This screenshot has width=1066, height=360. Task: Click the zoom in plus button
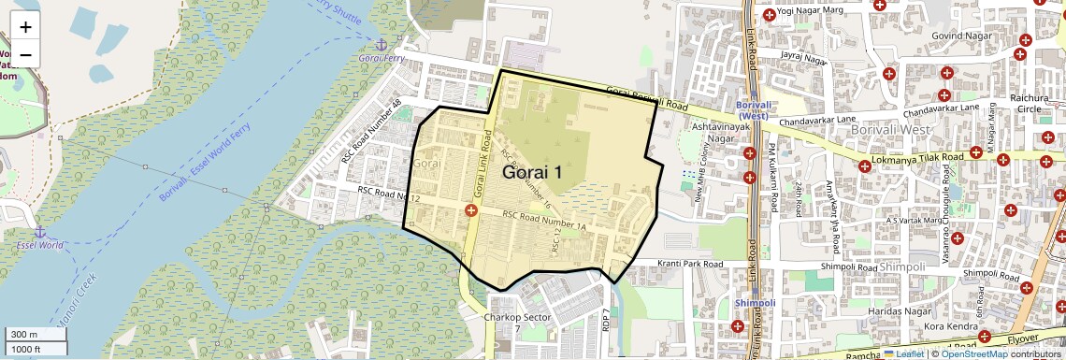tap(25, 26)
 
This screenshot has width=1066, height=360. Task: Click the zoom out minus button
tap(25, 54)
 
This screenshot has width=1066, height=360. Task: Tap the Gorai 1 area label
tap(533, 172)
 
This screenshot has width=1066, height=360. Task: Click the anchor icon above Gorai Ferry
tap(381, 45)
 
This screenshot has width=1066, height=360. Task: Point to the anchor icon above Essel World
tap(39, 231)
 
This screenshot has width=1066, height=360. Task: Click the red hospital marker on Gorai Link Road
tap(471, 213)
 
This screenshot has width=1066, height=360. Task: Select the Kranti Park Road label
tap(690, 265)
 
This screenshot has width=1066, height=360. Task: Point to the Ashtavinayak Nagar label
tap(716, 132)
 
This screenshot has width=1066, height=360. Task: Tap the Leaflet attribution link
tap(903, 353)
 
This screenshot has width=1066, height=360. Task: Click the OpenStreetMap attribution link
tap(973, 353)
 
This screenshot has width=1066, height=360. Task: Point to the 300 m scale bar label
tap(24, 335)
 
